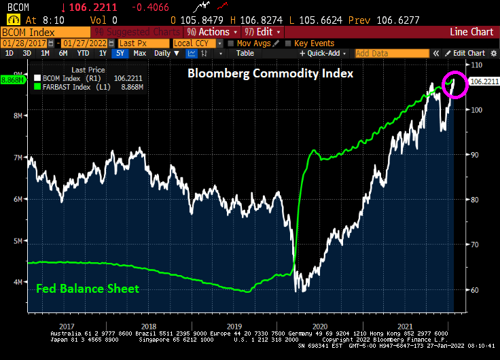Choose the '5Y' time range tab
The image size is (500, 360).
tap(120, 53)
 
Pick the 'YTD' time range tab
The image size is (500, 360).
tap(83, 53)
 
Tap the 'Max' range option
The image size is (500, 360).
tap(139, 53)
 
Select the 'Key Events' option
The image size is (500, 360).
tap(314, 43)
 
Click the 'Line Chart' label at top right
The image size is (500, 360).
tap(471, 32)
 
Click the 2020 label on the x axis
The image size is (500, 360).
tap(320, 326)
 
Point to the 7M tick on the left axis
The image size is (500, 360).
tap(17, 157)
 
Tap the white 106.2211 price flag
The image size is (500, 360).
tap(484, 82)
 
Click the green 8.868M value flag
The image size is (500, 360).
tap(12, 79)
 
